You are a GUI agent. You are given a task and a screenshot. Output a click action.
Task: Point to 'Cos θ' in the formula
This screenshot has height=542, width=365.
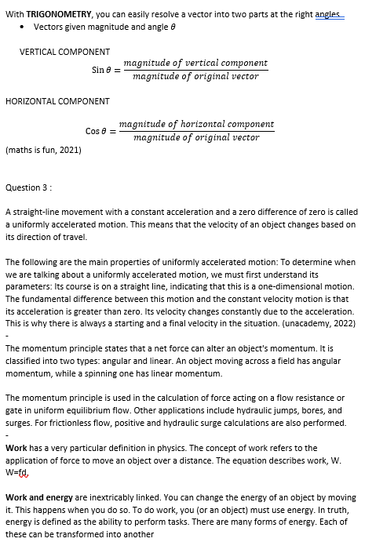pos(97,131)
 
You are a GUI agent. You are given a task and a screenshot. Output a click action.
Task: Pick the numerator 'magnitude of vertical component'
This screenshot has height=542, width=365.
pos(196,63)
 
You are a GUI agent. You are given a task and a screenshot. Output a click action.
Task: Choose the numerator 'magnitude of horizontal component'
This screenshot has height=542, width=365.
pos(196,124)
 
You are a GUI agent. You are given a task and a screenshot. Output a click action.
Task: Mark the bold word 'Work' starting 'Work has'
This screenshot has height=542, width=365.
pos(16,448)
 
